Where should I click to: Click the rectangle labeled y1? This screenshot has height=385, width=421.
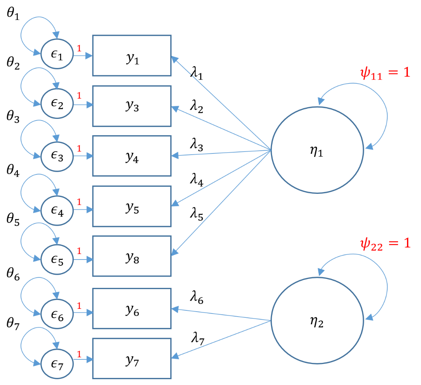[x=131, y=56]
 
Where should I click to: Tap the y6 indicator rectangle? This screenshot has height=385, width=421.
[x=131, y=309]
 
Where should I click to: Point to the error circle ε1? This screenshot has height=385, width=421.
[x=57, y=56]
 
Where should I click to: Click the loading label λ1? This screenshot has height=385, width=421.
[x=197, y=72]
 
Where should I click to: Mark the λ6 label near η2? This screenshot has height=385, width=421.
[x=197, y=298]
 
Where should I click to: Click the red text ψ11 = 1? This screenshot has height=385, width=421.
[x=385, y=73]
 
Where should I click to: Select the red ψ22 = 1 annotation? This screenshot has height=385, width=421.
[x=385, y=244]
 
